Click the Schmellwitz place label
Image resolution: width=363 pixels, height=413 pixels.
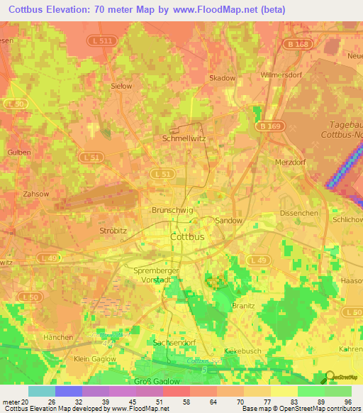[x=184, y=138]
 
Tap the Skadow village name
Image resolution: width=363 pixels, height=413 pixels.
[x=223, y=78]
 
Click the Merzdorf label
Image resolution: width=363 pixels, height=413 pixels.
[x=289, y=162]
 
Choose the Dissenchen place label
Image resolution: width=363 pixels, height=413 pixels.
[x=298, y=212]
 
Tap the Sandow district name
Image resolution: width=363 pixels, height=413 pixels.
[x=228, y=221]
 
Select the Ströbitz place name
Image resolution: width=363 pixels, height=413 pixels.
[x=113, y=231]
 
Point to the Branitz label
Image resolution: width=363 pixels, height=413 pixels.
[x=243, y=305]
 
